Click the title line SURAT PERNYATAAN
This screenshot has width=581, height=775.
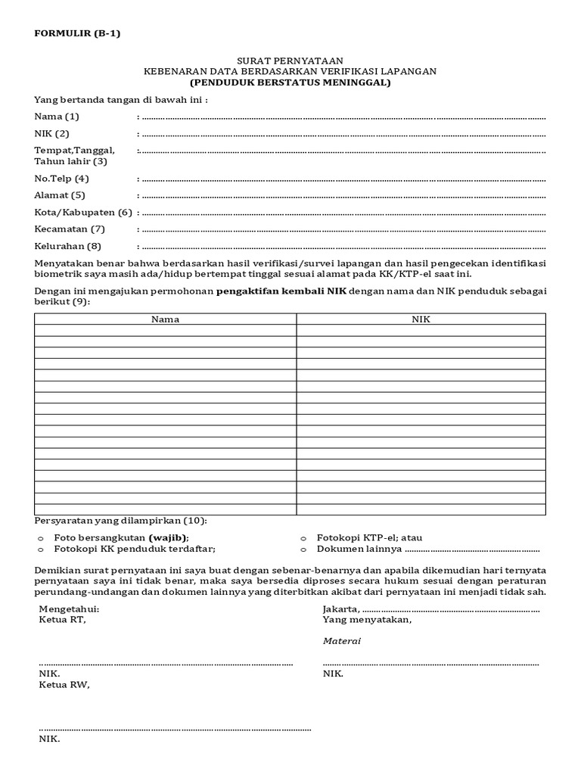[x=290, y=60]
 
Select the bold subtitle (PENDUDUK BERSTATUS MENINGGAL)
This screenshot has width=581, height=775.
[x=290, y=82]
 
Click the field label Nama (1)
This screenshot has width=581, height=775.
[x=57, y=117]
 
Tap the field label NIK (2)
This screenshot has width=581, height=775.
[x=52, y=134]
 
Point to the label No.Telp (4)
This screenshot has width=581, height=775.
[x=62, y=179]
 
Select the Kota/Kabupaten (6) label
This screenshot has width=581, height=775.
[x=83, y=212]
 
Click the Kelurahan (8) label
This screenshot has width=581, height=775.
[x=67, y=247]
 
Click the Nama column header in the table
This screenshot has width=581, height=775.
[x=165, y=319]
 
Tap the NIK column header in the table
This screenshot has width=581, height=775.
[x=421, y=319]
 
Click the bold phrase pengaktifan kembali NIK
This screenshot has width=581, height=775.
[x=281, y=291]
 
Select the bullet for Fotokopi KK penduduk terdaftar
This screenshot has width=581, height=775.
[x=41, y=549]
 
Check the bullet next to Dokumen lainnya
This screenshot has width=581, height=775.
[x=303, y=549]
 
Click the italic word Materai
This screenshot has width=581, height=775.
[x=341, y=641]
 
